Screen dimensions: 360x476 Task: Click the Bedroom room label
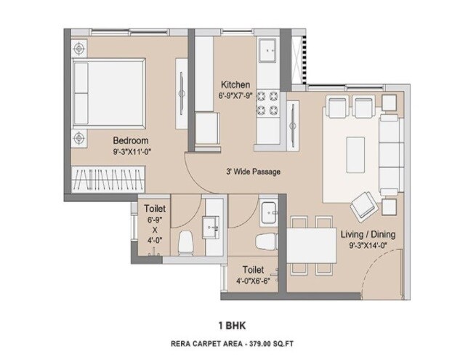coord(131,140)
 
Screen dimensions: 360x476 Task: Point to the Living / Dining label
coord(368,234)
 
